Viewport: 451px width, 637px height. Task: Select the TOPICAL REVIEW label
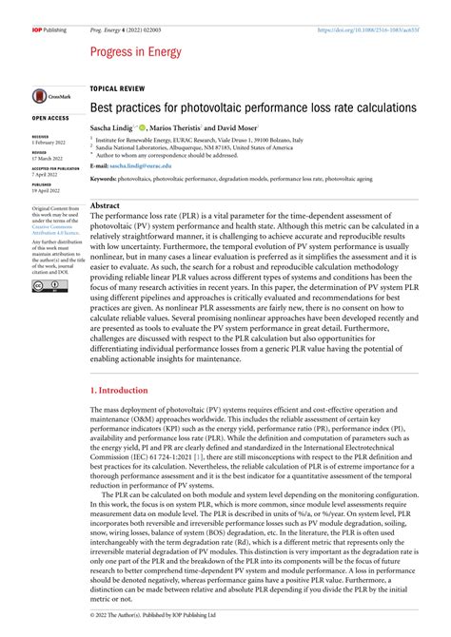[x=119, y=87]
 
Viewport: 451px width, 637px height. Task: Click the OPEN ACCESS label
[x=51, y=118]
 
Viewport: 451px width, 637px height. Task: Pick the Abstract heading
[x=106, y=205]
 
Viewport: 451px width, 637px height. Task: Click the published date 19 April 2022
[x=48, y=190]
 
